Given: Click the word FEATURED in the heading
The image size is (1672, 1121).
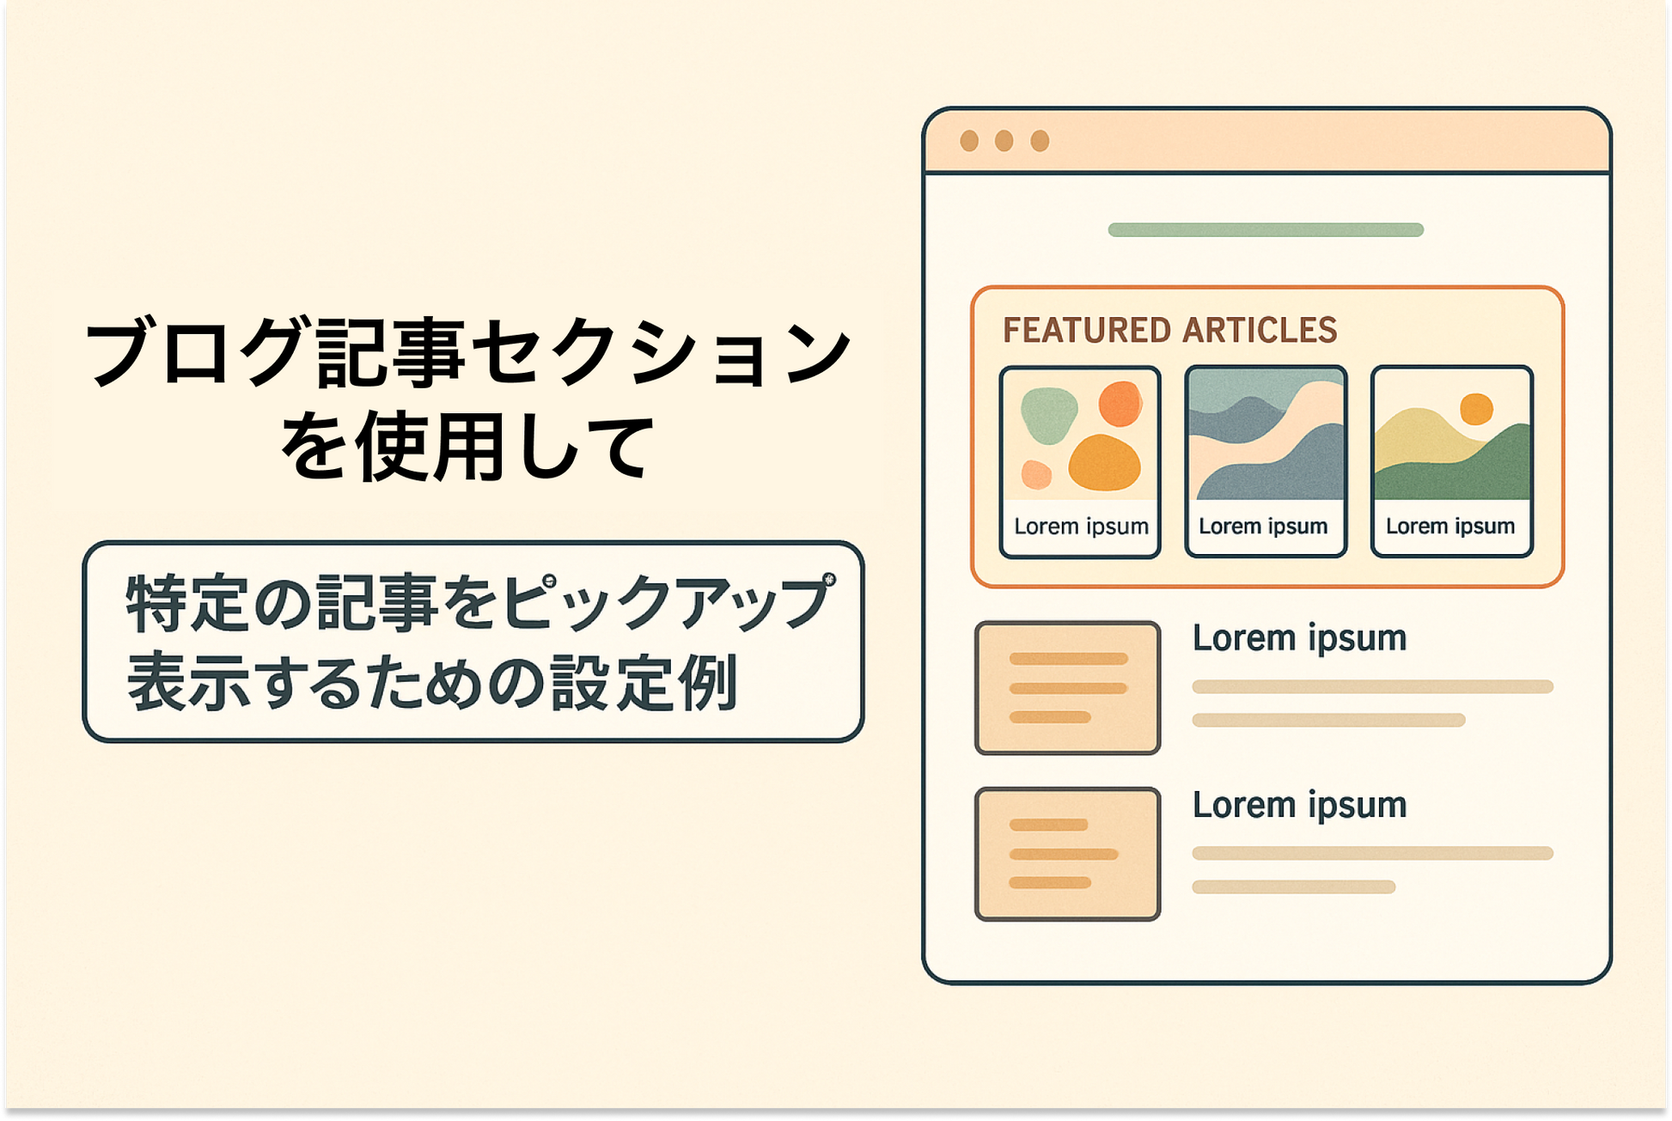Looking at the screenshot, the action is [x=1087, y=331].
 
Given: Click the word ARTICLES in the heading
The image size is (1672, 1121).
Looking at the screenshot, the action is [x=1260, y=331].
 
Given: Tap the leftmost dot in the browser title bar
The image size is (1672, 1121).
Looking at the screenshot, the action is [x=969, y=141].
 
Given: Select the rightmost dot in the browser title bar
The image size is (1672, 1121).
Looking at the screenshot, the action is [x=1040, y=141].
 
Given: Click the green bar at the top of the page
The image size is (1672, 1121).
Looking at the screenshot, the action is [x=1266, y=229].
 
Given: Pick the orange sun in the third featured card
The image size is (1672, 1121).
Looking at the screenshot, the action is [x=1476, y=409].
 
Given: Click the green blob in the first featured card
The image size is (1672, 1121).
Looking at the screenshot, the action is [x=1048, y=415].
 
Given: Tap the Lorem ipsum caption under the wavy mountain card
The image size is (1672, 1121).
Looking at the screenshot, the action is [x=1263, y=526].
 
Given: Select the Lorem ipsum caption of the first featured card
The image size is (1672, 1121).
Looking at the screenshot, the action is [x=1081, y=526].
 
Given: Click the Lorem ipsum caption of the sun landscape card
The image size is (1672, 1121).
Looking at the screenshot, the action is [x=1450, y=526].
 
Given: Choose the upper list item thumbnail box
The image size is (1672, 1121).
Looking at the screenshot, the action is [x=1068, y=688].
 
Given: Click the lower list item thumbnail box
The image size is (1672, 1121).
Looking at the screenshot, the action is [x=1068, y=854].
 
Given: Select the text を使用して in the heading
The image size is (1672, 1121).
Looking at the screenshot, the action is [x=468, y=445].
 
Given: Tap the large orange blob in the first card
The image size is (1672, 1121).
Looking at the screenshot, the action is [x=1104, y=463].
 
